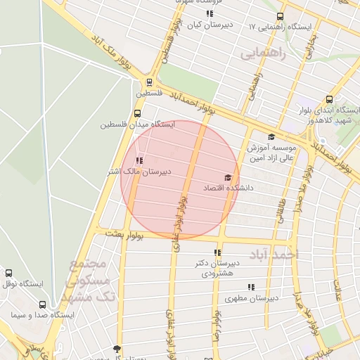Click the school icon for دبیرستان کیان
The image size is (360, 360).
click(x=210, y=14)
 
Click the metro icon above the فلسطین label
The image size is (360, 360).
click(x=149, y=82)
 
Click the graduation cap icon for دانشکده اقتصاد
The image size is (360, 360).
click(x=227, y=178)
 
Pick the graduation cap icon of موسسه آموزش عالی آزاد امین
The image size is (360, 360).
click(x=271, y=137)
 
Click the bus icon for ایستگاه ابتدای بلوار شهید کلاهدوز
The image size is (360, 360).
click(x=329, y=100)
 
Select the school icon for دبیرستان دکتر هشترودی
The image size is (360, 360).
click(x=217, y=252)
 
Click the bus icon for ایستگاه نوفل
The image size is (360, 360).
click(x=8, y=273)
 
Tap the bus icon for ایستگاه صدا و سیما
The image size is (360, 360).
click(x=43, y=305)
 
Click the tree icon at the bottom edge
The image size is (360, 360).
click(x=117, y=348)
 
